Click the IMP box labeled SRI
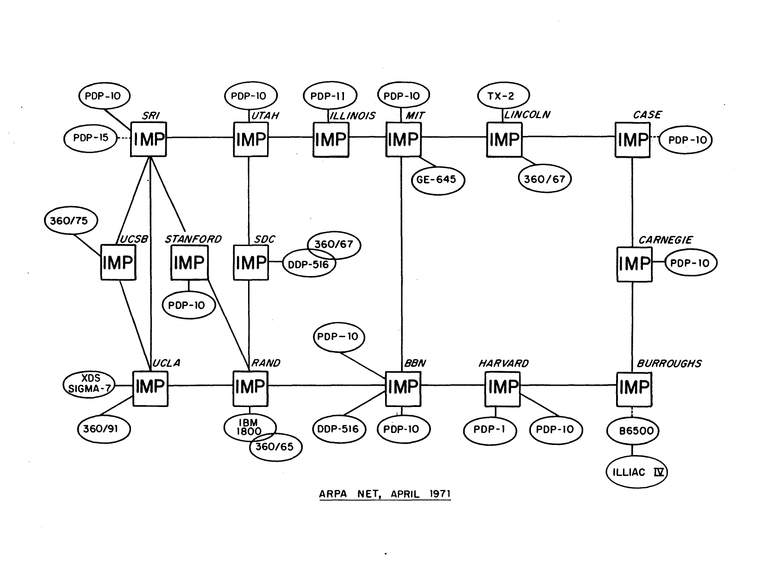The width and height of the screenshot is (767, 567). (149, 139)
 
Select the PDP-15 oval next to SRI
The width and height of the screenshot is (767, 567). (90, 138)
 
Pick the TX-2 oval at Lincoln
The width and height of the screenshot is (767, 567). (503, 96)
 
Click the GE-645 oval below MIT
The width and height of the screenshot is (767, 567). (437, 179)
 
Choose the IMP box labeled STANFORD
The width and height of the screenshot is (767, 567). (189, 263)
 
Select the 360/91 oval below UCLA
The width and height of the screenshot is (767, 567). (104, 429)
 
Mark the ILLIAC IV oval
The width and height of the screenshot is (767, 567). (636, 473)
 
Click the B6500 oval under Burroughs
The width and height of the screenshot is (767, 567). (633, 431)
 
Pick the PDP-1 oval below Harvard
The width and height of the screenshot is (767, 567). (490, 430)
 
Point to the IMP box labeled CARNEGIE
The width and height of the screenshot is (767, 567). (634, 264)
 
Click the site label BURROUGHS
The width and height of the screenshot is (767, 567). (669, 364)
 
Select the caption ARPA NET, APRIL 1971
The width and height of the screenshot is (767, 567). (385, 494)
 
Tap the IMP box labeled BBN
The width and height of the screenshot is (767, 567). (403, 387)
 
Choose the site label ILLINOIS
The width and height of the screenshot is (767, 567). (352, 116)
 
